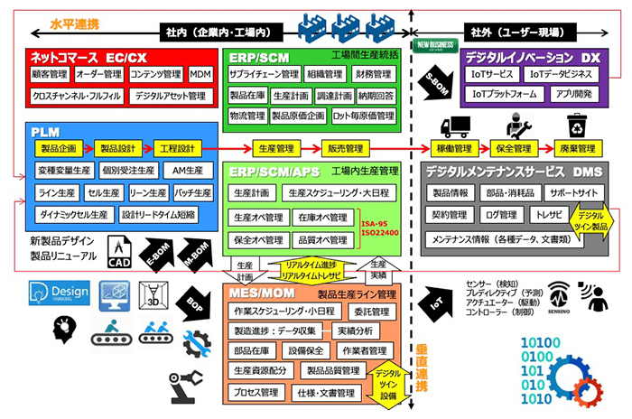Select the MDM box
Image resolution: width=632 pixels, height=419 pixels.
[x=200, y=74]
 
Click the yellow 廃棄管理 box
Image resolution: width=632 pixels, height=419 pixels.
[x=574, y=148]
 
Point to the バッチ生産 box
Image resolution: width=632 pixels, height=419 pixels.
[x=192, y=192]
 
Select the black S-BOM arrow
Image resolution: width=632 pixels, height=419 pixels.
[x=434, y=82]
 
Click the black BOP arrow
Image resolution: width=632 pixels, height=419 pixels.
[x=192, y=303]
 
